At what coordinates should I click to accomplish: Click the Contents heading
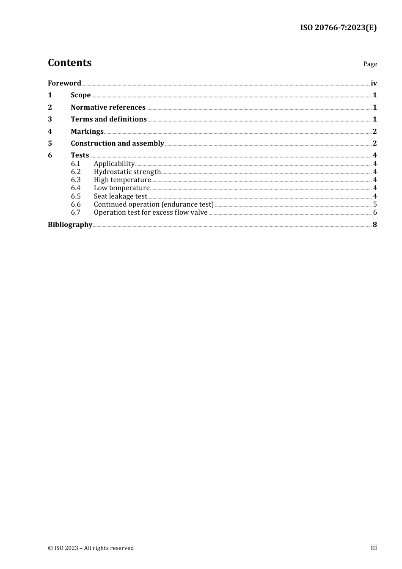click(x=69, y=63)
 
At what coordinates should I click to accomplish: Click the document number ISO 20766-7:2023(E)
click(x=338, y=28)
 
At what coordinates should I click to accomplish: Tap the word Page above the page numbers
click(x=370, y=64)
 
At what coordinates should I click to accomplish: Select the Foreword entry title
click(x=64, y=83)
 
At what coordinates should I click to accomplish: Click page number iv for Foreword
click(x=374, y=83)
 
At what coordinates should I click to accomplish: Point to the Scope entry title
click(x=80, y=95)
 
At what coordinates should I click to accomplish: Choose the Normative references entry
click(x=108, y=107)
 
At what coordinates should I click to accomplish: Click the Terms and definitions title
click(x=109, y=119)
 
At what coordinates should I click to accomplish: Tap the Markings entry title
click(x=87, y=131)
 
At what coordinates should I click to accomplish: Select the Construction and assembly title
click(x=117, y=143)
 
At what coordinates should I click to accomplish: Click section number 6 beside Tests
click(x=50, y=155)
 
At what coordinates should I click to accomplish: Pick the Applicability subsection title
click(x=114, y=163)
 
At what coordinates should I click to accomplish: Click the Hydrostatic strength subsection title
click(x=127, y=171)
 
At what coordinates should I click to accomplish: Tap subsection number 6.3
click(x=75, y=180)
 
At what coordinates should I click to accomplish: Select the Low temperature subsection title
click(x=121, y=188)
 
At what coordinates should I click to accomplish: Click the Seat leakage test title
click(x=120, y=196)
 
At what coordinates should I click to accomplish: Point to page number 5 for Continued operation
click(x=375, y=204)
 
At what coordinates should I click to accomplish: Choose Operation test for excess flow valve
click(x=150, y=212)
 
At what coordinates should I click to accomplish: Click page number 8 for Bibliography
click(x=375, y=224)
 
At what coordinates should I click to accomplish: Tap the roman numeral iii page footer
click(x=374, y=547)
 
